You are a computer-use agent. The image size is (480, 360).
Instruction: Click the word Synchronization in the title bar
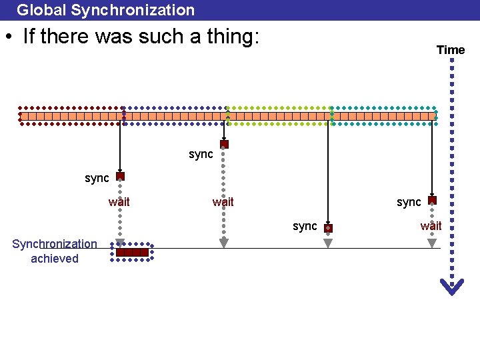click(x=133, y=10)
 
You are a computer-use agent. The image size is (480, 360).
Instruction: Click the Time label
click(x=451, y=50)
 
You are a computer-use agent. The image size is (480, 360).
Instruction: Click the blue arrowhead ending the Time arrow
click(x=452, y=286)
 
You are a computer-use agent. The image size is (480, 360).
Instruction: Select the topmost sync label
click(x=201, y=155)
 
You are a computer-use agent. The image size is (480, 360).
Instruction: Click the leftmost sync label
click(x=97, y=178)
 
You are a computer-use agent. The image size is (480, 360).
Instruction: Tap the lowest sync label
click(x=305, y=226)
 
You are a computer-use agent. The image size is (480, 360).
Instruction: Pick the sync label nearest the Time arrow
click(x=409, y=202)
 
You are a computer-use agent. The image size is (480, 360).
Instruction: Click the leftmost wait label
click(x=119, y=202)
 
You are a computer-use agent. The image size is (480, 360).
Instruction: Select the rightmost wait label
click(x=431, y=226)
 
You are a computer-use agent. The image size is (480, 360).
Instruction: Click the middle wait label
click(x=223, y=202)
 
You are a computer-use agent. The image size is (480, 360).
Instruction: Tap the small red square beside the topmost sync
click(x=224, y=144)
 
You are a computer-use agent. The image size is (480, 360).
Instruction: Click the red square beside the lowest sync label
click(x=328, y=228)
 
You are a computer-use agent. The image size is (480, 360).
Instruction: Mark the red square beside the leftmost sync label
click(x=120, y=177)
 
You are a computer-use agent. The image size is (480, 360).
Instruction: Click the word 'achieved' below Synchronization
click(x=55, y=259)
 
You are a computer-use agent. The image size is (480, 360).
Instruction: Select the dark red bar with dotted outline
click(x=132, y=252)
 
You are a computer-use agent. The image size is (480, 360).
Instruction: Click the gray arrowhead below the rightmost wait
click(x=432, y=243)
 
